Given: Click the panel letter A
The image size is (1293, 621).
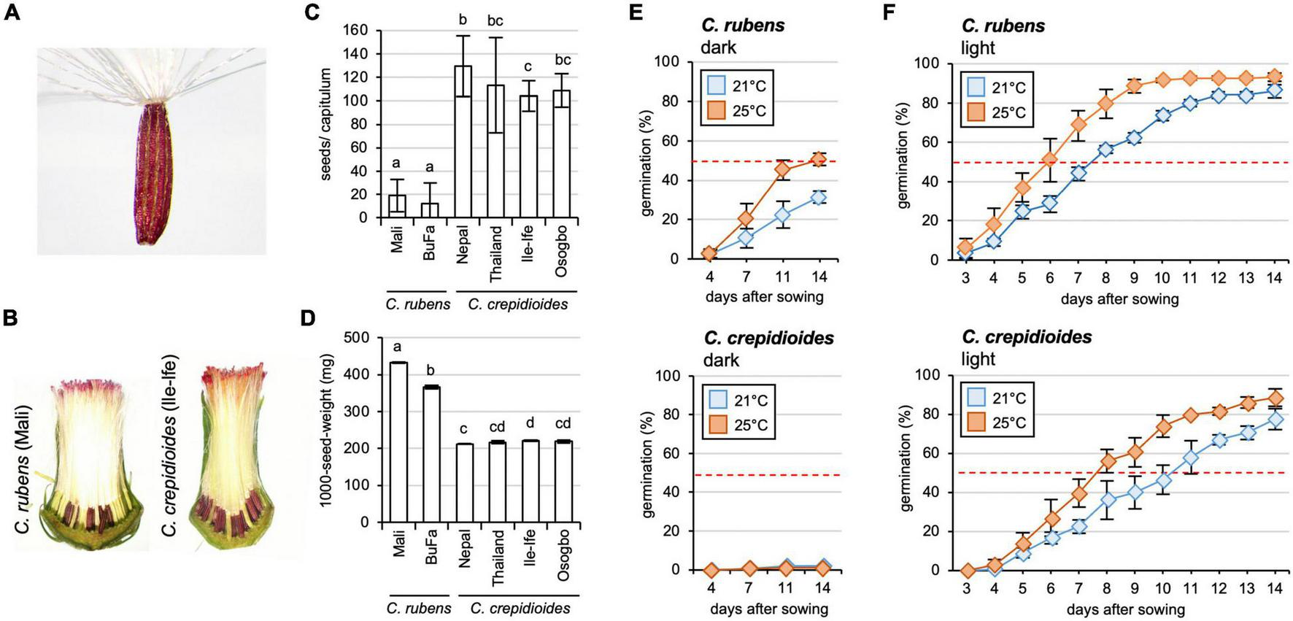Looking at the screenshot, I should point(12,13).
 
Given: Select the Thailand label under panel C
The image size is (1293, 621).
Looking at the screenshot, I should point(496,254).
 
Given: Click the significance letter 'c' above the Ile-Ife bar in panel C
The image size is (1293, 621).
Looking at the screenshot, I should point(528,67).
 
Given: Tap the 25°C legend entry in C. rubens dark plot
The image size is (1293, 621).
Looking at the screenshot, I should point(737,112).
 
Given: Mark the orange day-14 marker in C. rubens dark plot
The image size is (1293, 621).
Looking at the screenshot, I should point(819,158).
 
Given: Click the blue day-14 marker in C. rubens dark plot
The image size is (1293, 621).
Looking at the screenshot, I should point(819,197).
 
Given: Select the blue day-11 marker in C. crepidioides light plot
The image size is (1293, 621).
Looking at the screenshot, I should point(1191,458).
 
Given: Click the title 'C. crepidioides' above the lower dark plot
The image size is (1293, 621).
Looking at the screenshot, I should point(768,339).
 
